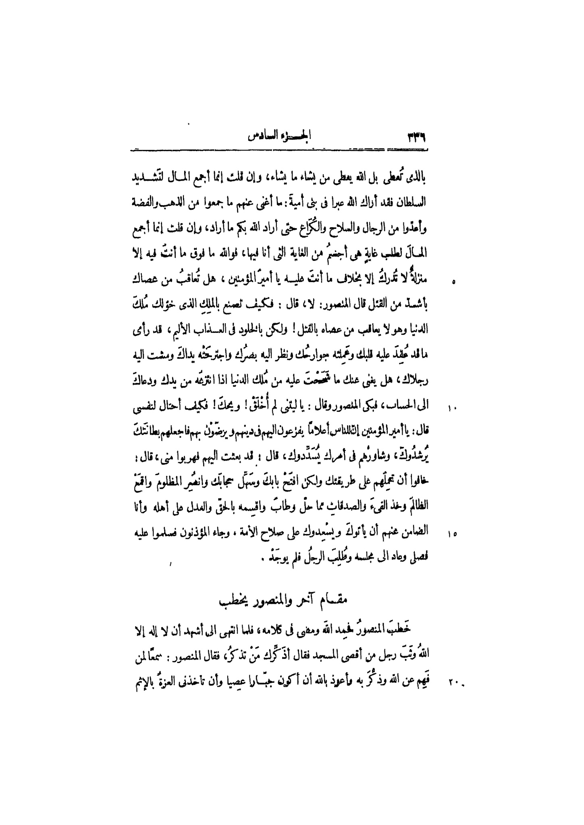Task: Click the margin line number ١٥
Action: click(x=451, y=535)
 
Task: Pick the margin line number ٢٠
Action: click(x=452, y=681)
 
